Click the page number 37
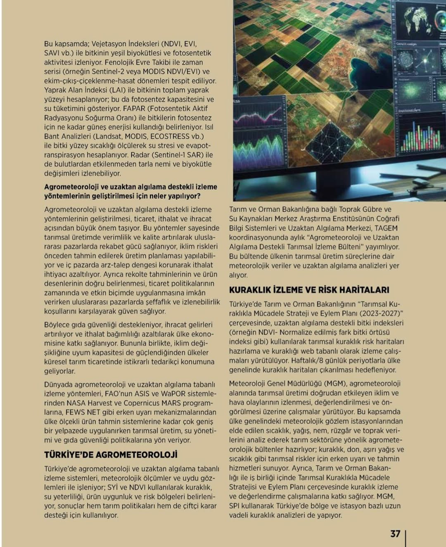[395, 534]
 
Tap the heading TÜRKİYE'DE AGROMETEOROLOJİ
[111, 455]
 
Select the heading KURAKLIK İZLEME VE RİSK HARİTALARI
[309, 290]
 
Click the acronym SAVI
[52, 53]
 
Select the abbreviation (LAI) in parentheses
[117, 90]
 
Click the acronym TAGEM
[386, 228]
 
